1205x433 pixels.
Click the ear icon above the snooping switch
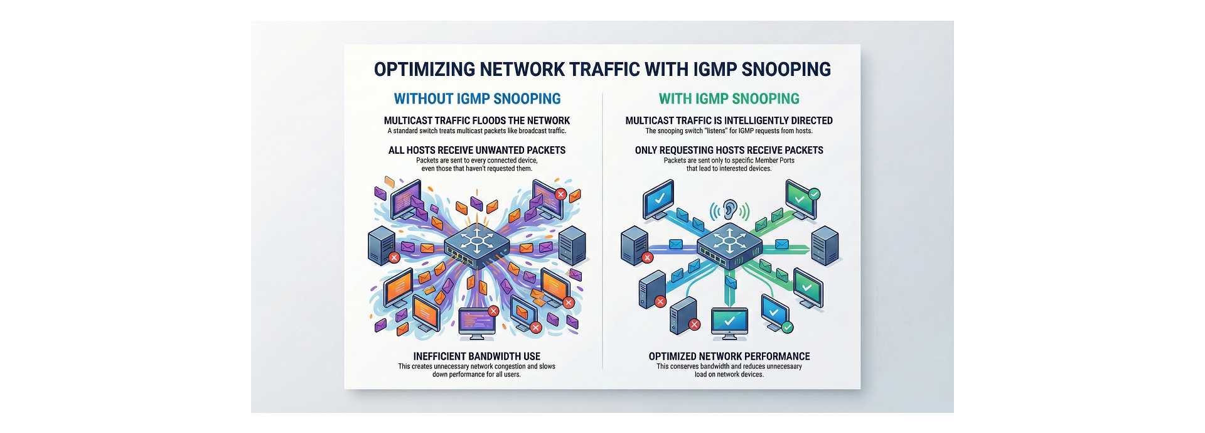coord(729,210)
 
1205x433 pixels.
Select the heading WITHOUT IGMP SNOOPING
coord(477,99)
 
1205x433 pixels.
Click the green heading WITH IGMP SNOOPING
coord(729,99)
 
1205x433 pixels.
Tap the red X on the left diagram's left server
coord(394,257)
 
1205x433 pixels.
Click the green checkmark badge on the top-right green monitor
coord(814,194)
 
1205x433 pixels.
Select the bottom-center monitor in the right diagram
coord(729,321)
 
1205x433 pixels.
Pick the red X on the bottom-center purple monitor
coord(493,311)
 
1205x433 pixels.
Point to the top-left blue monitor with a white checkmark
coord(659,198)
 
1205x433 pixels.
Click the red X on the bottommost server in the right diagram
coord(694,324)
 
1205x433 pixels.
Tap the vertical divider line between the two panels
coord(602,232)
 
